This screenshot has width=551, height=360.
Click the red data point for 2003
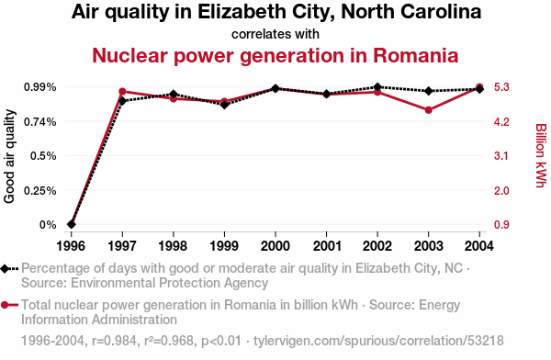[428, 110]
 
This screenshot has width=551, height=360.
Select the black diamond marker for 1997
[122, 101]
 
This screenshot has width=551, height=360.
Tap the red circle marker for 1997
[122, 92]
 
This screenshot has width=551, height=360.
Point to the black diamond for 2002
[377, 87]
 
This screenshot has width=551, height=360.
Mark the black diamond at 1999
[225, 105]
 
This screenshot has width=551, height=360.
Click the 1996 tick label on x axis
[71, 246]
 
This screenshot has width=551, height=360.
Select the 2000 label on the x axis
[275, 246]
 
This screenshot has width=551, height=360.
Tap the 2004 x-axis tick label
[479, 246]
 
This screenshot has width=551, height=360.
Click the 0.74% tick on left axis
[40, 121]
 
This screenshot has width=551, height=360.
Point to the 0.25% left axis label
[40, 190]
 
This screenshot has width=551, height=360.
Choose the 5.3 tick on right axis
[501, 87]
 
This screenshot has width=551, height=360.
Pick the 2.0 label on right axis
[501, 190]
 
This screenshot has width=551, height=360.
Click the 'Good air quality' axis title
[9, 156]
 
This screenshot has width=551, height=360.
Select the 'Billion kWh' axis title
[542, 155]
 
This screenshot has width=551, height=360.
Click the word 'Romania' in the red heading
[416, 55]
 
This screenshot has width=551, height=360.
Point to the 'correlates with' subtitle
[275, 34]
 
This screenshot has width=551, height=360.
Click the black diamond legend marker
[5, 268]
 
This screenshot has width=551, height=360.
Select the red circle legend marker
[5, 305]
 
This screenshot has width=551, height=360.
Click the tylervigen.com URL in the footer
[378, 341]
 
